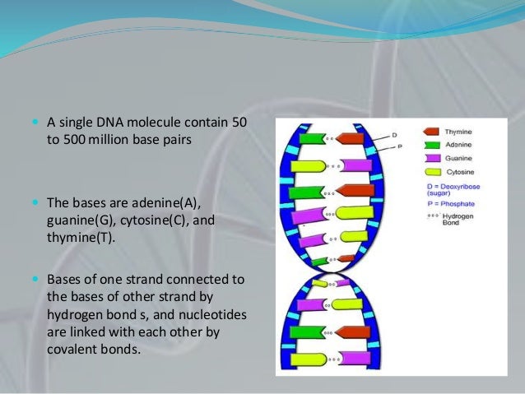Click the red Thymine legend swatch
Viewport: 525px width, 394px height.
click(x=431, y=132)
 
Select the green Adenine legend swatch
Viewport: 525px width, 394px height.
click(x=431, y=144)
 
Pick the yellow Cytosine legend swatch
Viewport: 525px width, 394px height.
click(x=431, y=172)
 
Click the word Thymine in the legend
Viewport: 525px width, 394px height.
click(x=458, y=132)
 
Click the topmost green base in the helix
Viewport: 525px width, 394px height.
click(x=313, y=139)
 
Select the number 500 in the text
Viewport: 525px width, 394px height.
click(x=77, y=140)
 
